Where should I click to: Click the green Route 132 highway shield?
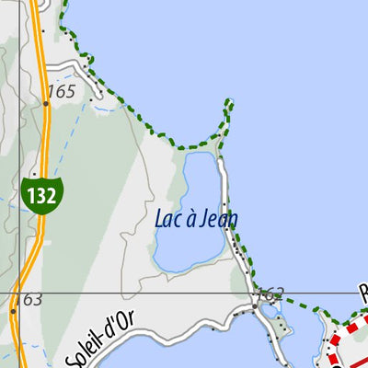[42, 195]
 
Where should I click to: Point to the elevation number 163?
[29, 300]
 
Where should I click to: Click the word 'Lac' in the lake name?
[167, 219]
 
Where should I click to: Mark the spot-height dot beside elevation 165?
[46, 104]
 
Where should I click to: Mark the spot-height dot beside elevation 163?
[14, 311]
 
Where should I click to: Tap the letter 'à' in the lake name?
[189, 219]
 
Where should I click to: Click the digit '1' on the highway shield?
[33, 195]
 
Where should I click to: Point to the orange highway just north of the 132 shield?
[42, 138]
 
